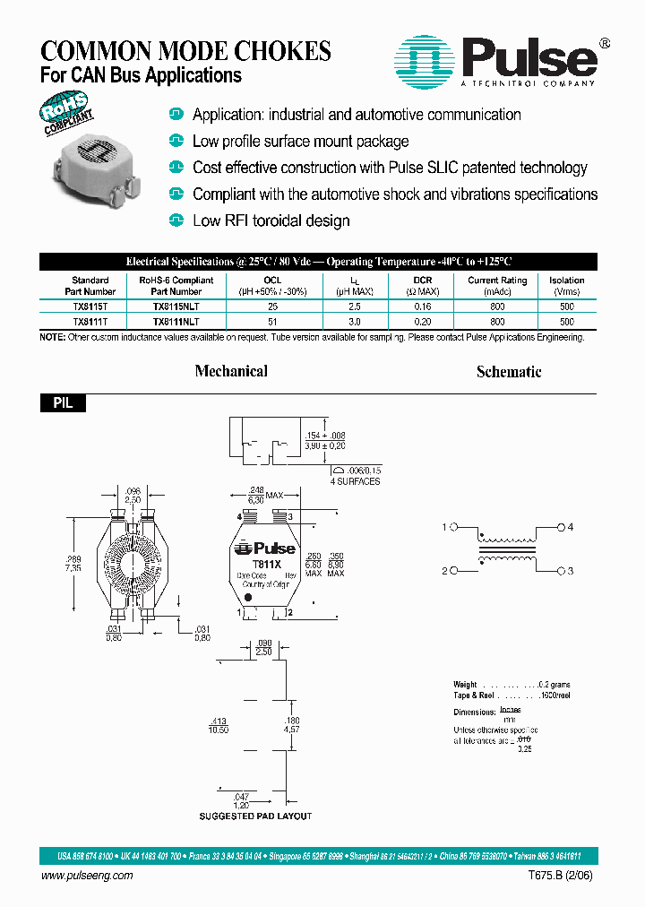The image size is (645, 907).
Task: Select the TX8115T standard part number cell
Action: click(x=90, y=307)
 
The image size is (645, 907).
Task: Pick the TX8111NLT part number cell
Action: click(x=176, y=321)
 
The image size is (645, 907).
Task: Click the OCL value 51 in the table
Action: click(x=272, y=321)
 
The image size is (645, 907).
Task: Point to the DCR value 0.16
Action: click(x=422, y=307)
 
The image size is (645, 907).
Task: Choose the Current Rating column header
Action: click(x=496, y=286)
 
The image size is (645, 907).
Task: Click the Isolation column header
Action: click(x=567, y=286)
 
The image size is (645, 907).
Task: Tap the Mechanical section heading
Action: click(x=231, y=371)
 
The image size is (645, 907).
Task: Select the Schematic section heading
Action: click(x=509, y=371)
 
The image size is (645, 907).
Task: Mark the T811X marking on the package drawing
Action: click(x=266, y=564)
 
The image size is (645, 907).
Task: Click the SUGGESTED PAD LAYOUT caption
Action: click(x=255, y=816)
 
